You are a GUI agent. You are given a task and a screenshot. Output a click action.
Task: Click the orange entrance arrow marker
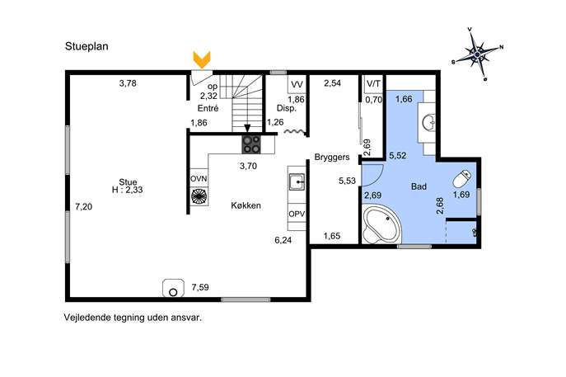(202, 60)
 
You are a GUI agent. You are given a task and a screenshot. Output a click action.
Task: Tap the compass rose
(477, 54)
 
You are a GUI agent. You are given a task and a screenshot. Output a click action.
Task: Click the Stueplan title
(87, 47)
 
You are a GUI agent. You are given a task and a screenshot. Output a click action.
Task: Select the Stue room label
(128, 181)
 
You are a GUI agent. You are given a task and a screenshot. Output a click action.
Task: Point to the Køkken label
(246, 205)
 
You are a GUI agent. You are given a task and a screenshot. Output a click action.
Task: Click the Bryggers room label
(332, 158)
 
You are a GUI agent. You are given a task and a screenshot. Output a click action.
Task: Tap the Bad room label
(419, 186)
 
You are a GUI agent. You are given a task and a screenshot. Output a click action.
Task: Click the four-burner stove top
(251, 144)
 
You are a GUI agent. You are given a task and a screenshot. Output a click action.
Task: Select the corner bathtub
(381, 224)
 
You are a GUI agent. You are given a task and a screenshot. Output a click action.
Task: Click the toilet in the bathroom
(462, 178)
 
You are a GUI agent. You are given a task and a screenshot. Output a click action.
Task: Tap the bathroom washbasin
(429, 122)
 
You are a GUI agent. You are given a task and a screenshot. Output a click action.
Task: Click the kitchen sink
(297, 181)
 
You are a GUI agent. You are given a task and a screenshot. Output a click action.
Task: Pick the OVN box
(199, 178)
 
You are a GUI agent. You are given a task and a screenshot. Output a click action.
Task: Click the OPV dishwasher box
(297, 214)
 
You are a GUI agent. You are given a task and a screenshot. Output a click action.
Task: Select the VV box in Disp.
(297, 85)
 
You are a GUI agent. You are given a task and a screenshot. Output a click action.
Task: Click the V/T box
(373, 84)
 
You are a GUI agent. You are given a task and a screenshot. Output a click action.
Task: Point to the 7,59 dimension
(200, 287)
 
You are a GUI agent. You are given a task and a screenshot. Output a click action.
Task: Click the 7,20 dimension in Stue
(84, 207)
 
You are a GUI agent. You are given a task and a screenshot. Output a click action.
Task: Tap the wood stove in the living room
(173, 288)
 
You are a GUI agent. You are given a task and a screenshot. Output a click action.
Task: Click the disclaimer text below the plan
(133, 318)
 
